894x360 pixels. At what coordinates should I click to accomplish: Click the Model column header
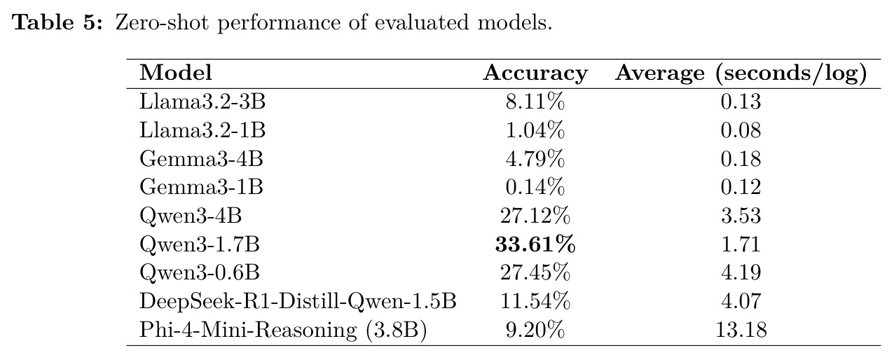click(176, 73)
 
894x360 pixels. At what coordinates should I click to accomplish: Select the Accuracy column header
click(535, 74)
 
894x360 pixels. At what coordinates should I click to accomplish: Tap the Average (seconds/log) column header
click(741, 74)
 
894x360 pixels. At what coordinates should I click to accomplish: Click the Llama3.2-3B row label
click(202, 102)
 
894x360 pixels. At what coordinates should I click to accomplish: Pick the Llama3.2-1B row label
click(202, 130)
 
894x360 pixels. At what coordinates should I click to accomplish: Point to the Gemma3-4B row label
click(201, 159)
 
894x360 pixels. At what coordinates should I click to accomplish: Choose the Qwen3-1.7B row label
click(200, 244)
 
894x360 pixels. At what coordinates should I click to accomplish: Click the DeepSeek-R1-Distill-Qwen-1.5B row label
click(298, 301)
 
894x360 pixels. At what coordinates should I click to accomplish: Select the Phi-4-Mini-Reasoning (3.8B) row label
click(283, 330)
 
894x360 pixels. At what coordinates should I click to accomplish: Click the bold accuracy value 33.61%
click(535, 244)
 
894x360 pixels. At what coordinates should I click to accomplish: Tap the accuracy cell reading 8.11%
click(535, 102)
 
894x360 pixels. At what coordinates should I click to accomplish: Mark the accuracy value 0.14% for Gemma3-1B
click(535, 187)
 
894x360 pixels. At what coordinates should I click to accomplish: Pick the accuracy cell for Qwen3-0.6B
click(535, 272)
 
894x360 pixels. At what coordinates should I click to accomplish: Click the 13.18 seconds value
click(741, 330)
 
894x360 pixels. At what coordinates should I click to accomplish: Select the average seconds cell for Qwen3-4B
click(741, 216)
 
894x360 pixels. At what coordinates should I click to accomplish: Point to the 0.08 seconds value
click(741, 130)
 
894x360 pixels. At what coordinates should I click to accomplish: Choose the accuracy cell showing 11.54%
click(535, 301)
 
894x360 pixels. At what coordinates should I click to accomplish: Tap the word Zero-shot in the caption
click(162, 22)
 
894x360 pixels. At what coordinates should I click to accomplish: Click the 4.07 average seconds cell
click(741, 301)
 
